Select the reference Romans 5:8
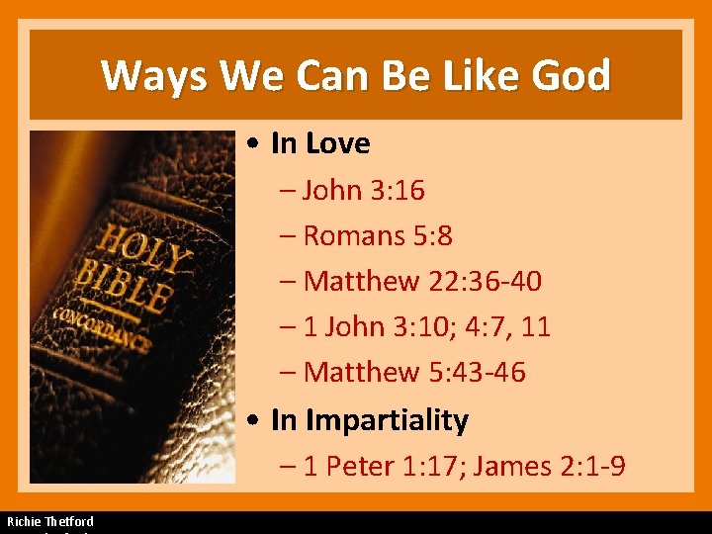click(x=378, y=235)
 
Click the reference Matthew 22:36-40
click(x=422, y=281)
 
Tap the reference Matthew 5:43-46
click(x=414, y=372)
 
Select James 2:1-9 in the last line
click(x=549, y=466)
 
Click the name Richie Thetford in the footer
click(x=50, y=521)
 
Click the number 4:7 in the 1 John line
click(x=476, y=326)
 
